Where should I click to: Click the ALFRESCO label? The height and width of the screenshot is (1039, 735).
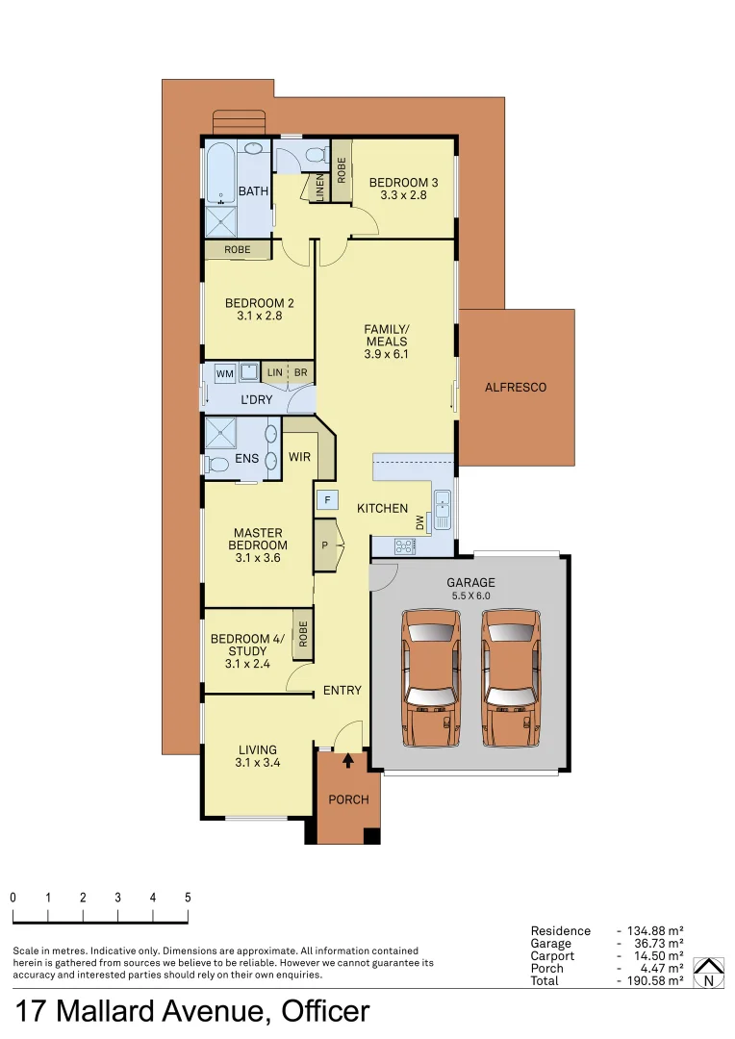[x=516, y=387]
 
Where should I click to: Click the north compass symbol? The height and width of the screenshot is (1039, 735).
[x=709, y=973]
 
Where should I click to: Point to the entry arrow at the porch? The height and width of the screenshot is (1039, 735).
[x=347, y=761]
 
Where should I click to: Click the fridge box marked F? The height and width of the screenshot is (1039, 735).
[x=327, y=500]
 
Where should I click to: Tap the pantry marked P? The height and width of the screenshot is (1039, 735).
[x=325, y=545]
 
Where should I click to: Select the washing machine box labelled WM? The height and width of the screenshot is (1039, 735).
[x=224, y=372]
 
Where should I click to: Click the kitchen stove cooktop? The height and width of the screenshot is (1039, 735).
[x=405, y=545]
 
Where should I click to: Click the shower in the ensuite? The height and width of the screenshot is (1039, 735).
[x=222, y=433]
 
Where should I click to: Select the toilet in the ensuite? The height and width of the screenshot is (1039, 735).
[x=216, y=465]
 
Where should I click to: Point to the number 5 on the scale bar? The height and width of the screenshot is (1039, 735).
[x=188, y=897]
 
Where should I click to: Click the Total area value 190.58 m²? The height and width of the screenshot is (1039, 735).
[x=655, y=980]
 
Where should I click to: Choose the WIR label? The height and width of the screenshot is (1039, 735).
[x=300, y=457]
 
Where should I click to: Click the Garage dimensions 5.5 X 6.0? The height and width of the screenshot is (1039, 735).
[x=470, y=596]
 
